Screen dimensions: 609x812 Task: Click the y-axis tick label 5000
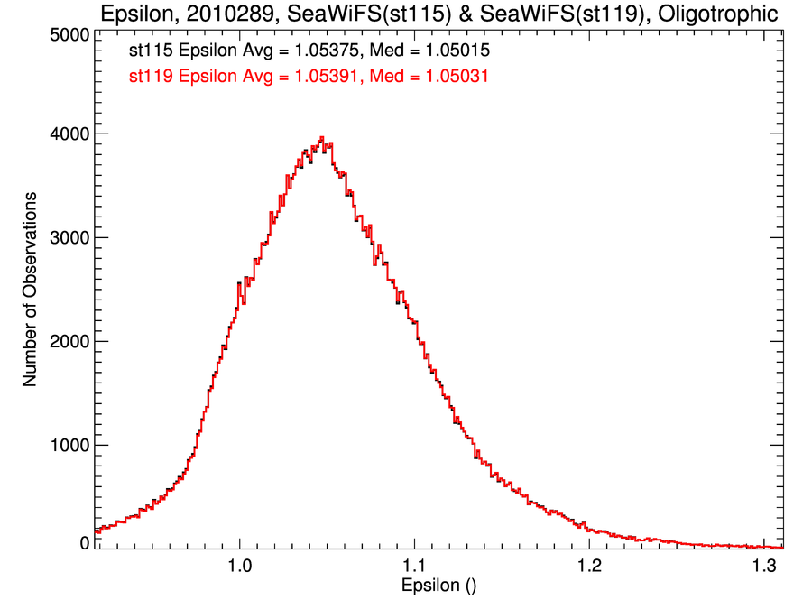click(x=69, y=34)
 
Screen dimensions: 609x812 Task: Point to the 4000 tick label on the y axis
click(x=69, y=134)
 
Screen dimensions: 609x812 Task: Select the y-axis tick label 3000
click(x=69, y=238)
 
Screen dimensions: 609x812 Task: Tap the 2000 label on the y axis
click(x=69, y=342)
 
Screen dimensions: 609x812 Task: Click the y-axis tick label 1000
click(x=69, y=445)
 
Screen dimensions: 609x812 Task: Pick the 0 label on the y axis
click(x=84, y=543)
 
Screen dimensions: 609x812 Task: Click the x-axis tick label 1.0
click(x=239, y=567)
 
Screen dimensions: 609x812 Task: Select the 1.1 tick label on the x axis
click(x=414, y=567)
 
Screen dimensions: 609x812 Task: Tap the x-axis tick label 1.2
click(x=589, y=567)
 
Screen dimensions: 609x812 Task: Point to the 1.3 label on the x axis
click(x=763, y=567)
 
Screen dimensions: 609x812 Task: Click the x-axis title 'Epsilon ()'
click(x=438, y=586)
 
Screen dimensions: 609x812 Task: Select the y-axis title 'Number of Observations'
click(x=30, y=289)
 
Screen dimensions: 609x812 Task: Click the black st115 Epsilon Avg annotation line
click(x=309, y=51)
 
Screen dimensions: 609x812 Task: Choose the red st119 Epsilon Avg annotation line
click(x=309, y=77)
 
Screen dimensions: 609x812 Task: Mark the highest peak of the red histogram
click(x=322, y=138)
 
